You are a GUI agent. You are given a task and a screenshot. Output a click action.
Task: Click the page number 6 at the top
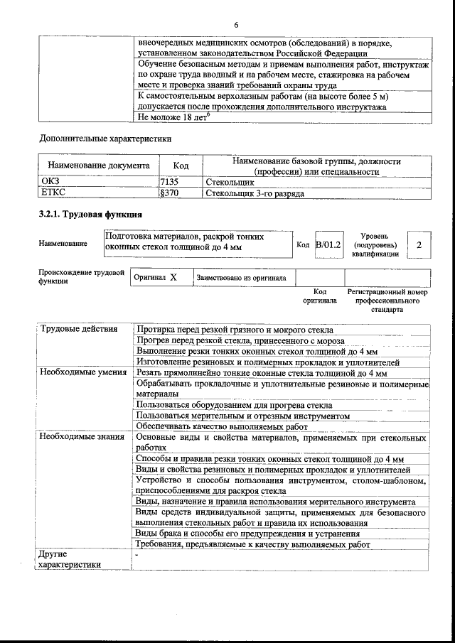click(235, 26)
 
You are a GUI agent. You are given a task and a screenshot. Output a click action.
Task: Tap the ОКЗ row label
click(51, 183)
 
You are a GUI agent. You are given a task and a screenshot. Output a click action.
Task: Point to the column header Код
click(181, 166)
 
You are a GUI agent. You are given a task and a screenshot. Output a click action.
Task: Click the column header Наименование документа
click(98, 166)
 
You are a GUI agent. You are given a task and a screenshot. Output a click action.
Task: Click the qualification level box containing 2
click(419, 245)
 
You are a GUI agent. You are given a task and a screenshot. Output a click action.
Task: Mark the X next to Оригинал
click(173, 278)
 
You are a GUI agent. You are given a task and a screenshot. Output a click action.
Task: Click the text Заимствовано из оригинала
click(242, 279)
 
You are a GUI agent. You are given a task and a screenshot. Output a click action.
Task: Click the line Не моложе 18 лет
click(173, 118)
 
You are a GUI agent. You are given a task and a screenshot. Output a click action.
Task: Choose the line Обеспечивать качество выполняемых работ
click(222, 426)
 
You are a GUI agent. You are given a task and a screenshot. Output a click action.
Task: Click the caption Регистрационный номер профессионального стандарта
click(387, 301)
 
